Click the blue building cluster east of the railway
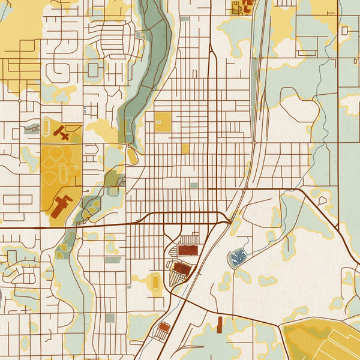tap(239, 257)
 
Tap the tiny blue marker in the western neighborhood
tap(85, 110)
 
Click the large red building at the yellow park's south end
tap(61, 205)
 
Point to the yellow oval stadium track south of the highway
tap(156, 281)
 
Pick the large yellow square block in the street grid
tap(163, 122)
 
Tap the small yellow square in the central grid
tap(185, 148)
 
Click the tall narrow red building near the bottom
tap(220, 325)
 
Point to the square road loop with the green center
tap(93, 70)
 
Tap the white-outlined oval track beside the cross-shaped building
tap(46, 126)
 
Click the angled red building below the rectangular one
tap(183, 269)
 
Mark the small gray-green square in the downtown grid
tap(194, 185)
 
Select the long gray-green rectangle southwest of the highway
tap(113, 260)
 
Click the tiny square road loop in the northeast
tap(344, 30)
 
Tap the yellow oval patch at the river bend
tap(131, 155)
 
